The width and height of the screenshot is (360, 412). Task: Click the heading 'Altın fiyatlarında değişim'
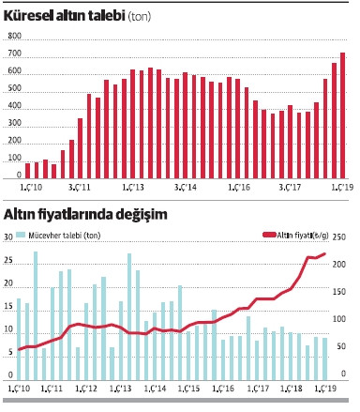tap(85, 214)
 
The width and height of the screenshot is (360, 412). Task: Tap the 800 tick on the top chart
tap(14, 36)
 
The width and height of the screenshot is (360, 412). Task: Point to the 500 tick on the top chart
tap(14, 88)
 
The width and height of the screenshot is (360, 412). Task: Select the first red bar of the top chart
tap(28, 170)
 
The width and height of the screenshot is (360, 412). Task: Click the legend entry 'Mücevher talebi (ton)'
tap(59, 235)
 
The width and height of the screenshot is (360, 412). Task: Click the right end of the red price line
tap(325, 253)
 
